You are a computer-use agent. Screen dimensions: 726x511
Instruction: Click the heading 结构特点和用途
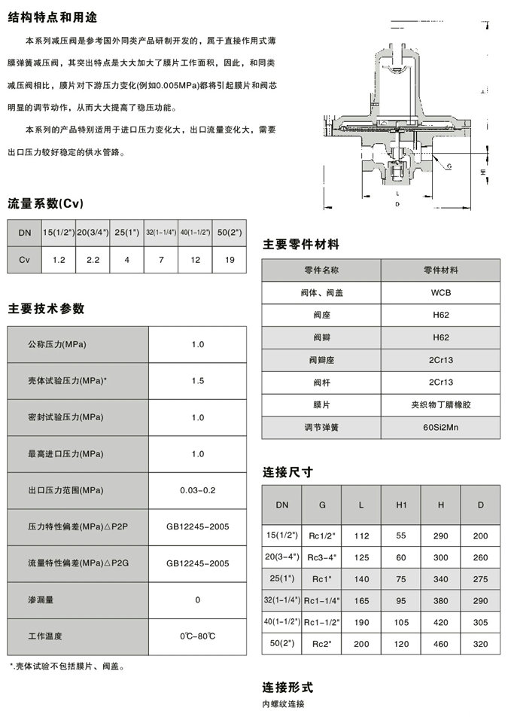pyautogui.click(x=52, y=17)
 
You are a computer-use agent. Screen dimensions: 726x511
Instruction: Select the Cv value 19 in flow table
pyautogui.click(x=229, y=259)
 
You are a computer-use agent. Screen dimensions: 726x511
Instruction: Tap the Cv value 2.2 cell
pyautogui.click(x=93, y=259)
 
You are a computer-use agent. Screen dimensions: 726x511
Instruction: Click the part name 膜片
pyautogui.click(x=321, y=405)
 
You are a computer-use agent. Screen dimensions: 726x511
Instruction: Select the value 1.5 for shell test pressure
pyautogui.click(x=198, y=381)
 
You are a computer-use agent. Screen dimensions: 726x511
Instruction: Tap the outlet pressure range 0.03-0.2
pyautogui.click(x=198, y=490)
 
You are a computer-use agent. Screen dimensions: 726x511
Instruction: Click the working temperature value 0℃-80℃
pyautogui.click(x=198, y=636)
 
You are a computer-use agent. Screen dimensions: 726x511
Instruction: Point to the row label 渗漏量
pyautogui.click(x=42, y=600)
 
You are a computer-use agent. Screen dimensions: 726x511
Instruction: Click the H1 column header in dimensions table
pyautogui.click(x=401, y=505)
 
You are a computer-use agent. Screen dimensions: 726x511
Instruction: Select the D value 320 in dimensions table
pyautogui.click(x=481, y=644)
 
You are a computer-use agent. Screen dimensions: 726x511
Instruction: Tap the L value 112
pyautogui.click(x=361, y=535)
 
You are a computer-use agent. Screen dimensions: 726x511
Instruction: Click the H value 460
pyautogui.click(x=441, y=644)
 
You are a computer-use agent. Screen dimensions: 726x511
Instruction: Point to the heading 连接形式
pyautogui.click(x=287, y=688)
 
